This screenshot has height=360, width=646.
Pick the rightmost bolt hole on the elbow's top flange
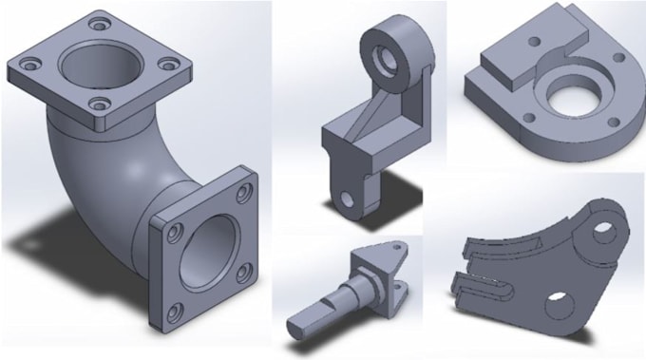click(168, 66)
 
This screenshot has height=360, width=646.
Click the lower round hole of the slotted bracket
click(560, 307)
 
